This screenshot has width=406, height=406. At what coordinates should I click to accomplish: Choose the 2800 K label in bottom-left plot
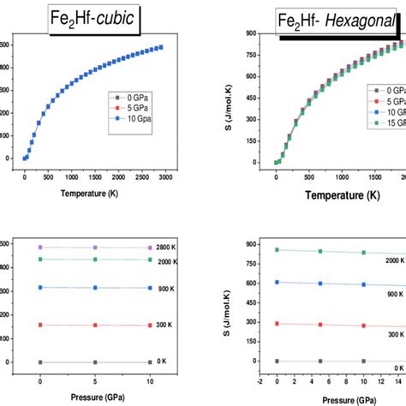pos(167,247)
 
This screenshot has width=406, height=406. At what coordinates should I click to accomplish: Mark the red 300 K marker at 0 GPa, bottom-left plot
pos(40,325)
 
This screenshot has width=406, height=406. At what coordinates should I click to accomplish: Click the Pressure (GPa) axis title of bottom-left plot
pos(94,398)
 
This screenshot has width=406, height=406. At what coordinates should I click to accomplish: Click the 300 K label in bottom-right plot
pos(393,335)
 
